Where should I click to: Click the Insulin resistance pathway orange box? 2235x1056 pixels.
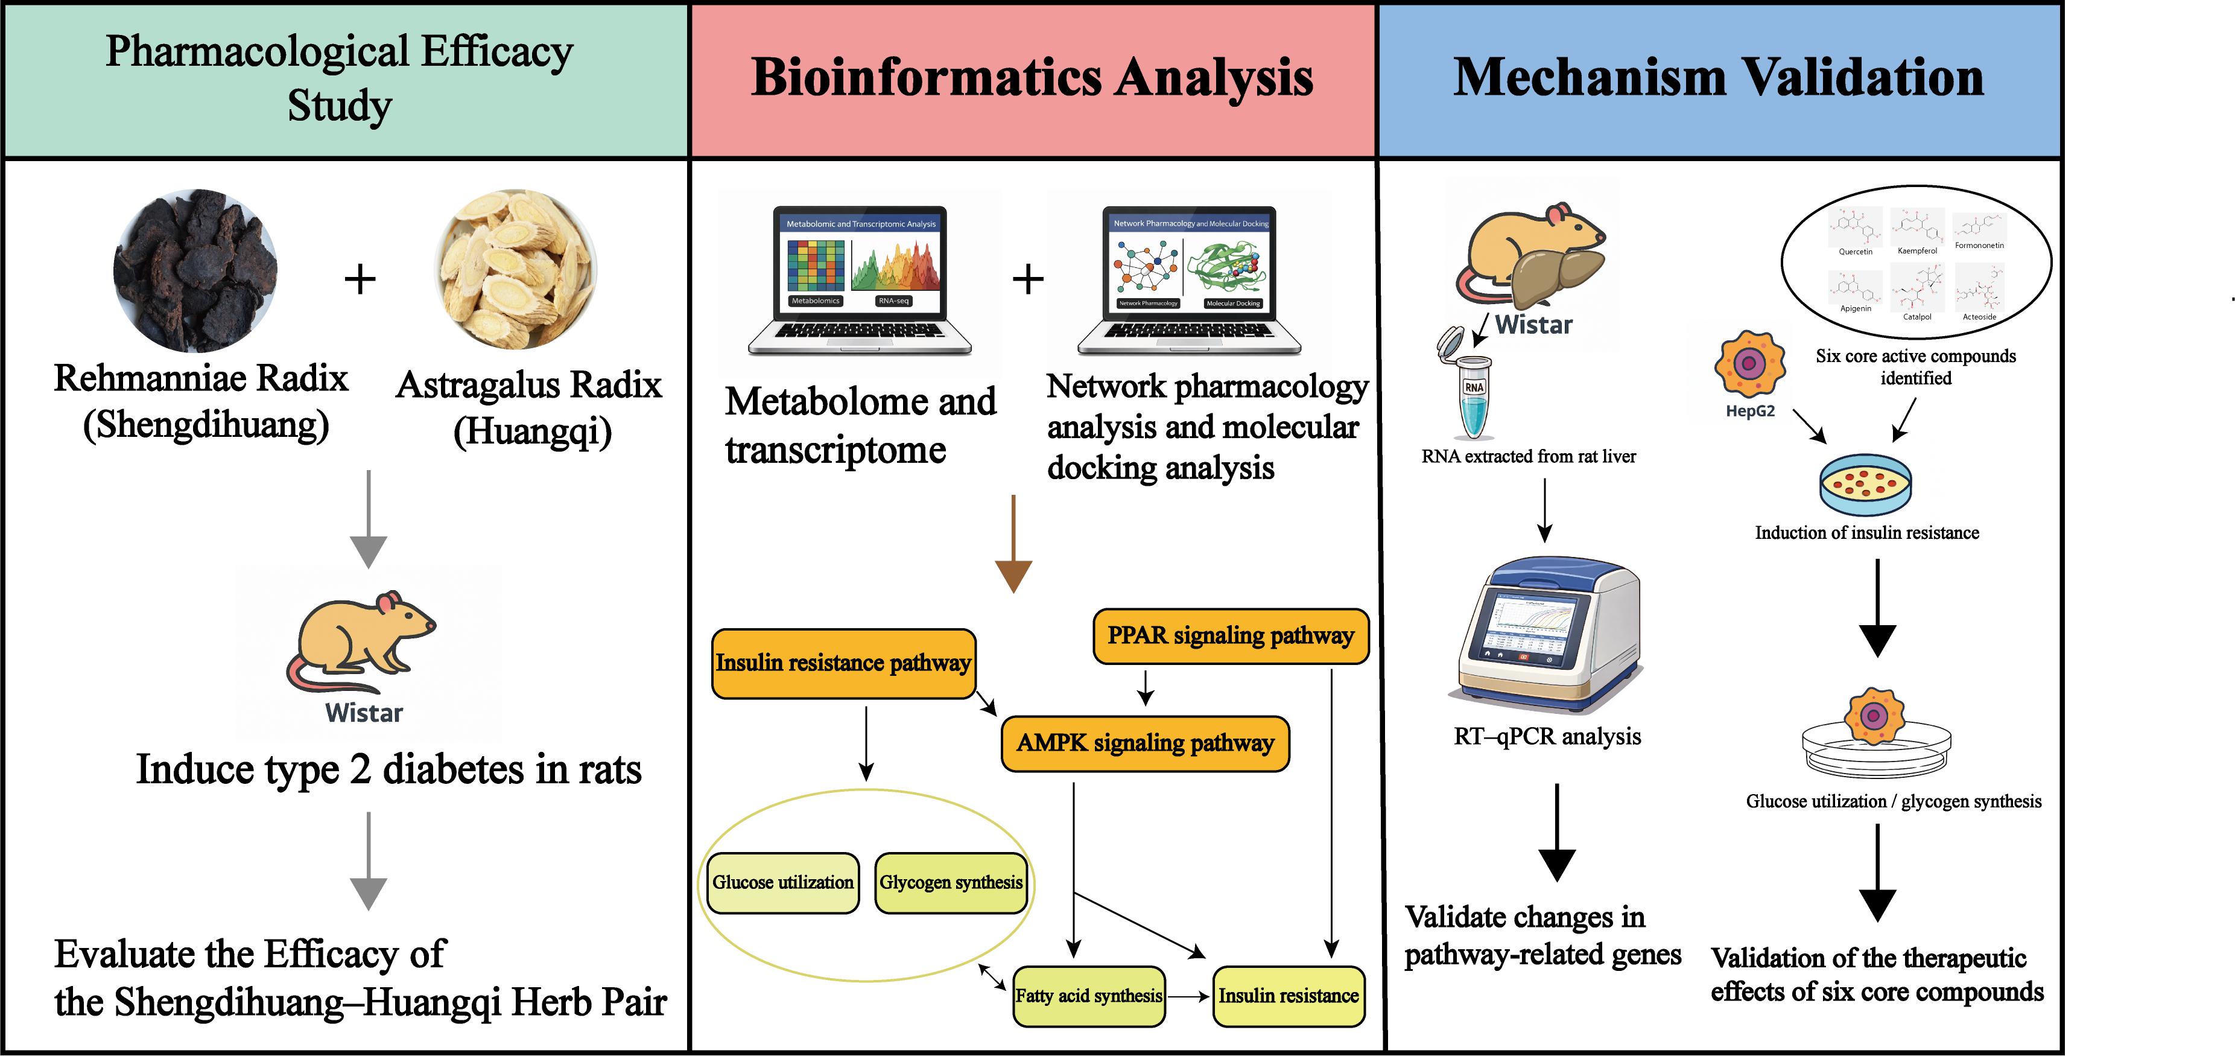point(843,664)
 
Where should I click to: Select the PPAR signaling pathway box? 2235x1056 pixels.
point(1230,636)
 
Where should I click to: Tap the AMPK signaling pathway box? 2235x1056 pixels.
point(1146,743)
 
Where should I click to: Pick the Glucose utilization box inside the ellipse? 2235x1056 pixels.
point(782,882)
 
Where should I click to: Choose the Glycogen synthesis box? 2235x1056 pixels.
point(951,882)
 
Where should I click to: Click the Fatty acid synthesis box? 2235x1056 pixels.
point(1089,996)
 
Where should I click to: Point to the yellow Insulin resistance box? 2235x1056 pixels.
point(1289,996)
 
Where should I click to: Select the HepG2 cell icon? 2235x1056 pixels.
point(1749,364)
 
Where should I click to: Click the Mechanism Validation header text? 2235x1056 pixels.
point(1719,78)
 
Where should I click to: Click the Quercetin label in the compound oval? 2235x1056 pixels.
point(1855,252)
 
